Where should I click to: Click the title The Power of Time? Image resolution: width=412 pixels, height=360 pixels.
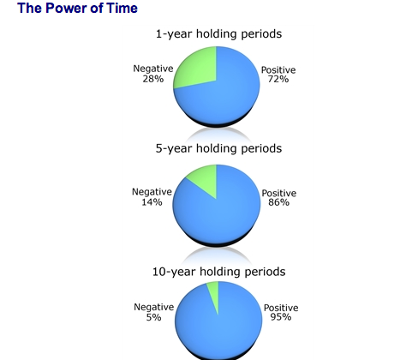coord(77,8)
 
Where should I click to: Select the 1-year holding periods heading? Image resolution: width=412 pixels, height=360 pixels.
coord(218,34)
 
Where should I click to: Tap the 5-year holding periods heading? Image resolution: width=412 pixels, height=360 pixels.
coord(218,148)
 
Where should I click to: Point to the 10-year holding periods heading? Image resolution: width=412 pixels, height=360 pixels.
coord(218,272)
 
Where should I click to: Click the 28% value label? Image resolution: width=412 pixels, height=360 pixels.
coord(153,79)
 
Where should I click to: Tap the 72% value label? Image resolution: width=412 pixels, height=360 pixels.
coord(278,79)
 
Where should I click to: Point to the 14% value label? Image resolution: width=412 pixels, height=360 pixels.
coord(152,202)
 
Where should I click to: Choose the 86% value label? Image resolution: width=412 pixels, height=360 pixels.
coord(279,202)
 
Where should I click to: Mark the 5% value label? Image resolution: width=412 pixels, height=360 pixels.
coord(153,317)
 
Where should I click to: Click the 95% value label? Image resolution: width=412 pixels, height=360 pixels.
coord(281,317)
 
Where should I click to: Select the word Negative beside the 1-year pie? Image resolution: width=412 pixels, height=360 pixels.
coord(153,69)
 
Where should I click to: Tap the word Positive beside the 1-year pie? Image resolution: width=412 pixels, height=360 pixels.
coord(278,69)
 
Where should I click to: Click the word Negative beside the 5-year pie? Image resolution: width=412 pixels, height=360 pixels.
coord(152,192)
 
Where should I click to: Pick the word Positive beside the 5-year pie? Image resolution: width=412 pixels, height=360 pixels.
coord(279,193)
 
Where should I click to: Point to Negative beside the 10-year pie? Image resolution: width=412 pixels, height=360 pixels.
coord(153,307)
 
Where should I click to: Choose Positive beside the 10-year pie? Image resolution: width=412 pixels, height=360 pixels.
coord(281,308)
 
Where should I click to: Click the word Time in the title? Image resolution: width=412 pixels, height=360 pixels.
coord(122,8)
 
